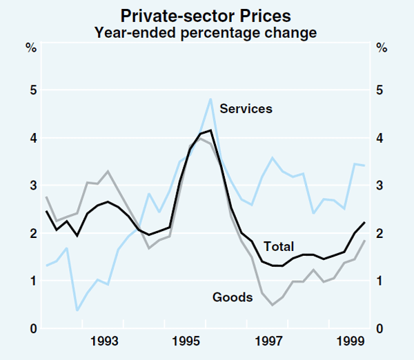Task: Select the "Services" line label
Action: point(246,108)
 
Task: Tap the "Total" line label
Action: point(278,246)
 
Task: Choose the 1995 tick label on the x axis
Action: point(186,341)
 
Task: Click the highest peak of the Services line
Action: point(210,99)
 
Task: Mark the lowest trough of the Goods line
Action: point(273,305)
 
